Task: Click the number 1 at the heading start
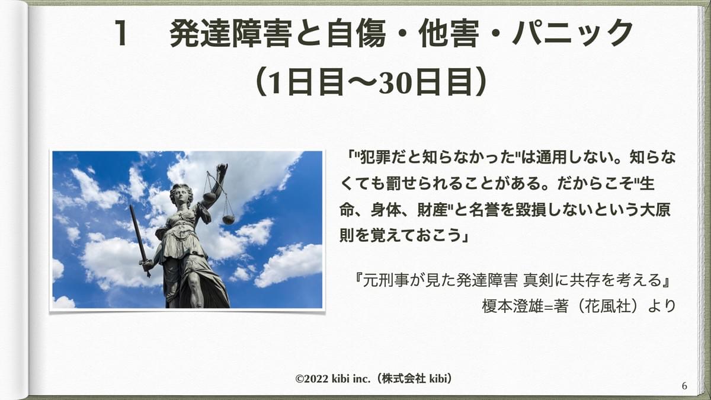121,33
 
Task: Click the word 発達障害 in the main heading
230,33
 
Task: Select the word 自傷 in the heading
356,33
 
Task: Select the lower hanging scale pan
229,219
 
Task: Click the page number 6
684,386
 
